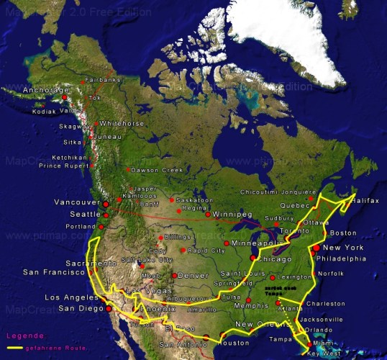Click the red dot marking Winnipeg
pos(208,214)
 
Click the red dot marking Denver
pos(174,276)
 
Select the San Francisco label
pos(53,272)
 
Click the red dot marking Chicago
pos(252,258)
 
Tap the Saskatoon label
pos(195,200)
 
